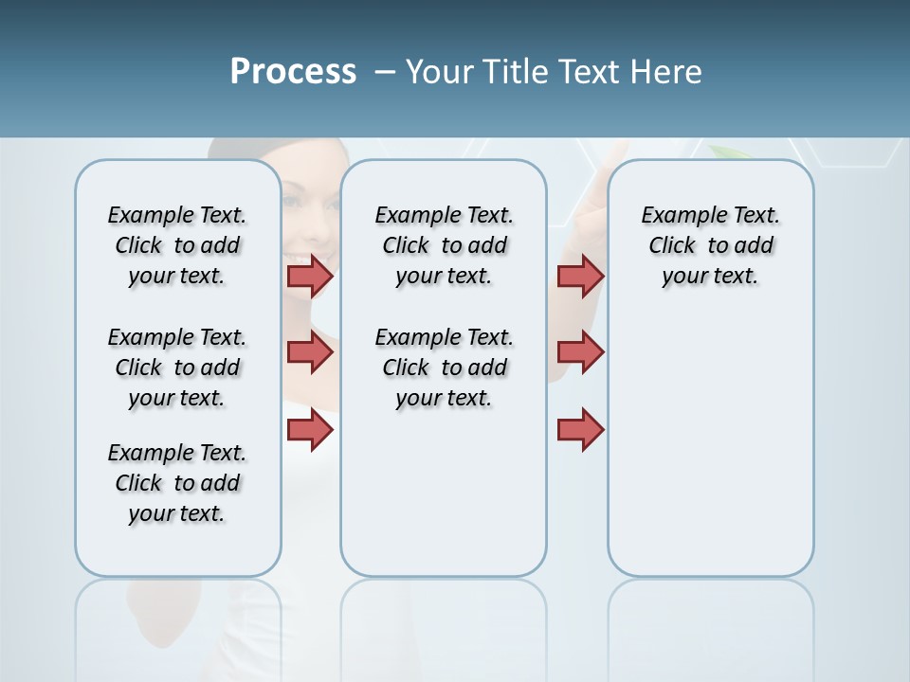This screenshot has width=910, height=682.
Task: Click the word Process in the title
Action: click(x=293, y=72)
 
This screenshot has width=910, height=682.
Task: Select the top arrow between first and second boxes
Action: click(x=310, y=277)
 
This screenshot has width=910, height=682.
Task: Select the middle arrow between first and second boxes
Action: click(x=310, y=352)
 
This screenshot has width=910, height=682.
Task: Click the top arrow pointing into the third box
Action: click(x=580, y=277)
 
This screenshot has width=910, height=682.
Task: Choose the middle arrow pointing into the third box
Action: click(x=580, y=352)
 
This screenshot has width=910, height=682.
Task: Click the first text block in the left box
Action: click(x=177, y=245)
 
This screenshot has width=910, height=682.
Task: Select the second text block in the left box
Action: click(x=177, y=368)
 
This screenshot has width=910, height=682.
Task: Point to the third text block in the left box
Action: click(x=177, y=483)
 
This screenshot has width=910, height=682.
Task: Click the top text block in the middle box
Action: click(x=444, y=245)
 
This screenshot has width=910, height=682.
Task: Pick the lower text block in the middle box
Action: click(x=444, y=368)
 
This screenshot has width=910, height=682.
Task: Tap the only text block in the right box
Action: click(x=710, y=245)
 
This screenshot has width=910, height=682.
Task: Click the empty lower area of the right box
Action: click(x=710, y=455)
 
